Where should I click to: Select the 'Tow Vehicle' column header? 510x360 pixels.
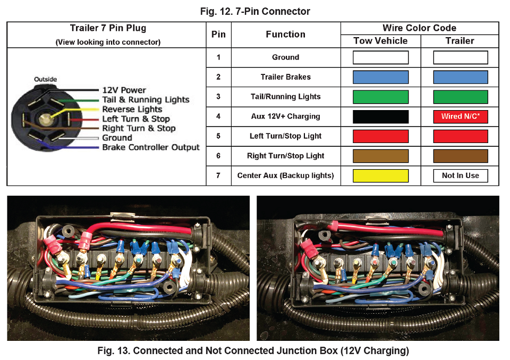(x=380, y=41)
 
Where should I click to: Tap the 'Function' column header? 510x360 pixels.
(x=285, y=35)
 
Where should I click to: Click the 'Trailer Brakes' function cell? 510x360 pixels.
(x=285, y=77)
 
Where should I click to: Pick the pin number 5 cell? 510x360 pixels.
(x=218, y=136)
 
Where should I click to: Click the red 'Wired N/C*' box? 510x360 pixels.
(x=460, y=116)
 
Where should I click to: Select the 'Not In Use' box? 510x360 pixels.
(x=460, y=175)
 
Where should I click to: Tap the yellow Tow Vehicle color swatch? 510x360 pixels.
(x=380, y=175)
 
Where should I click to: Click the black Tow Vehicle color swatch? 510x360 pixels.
(x=380, y=116)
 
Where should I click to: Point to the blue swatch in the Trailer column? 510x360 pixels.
(x=460, y=77)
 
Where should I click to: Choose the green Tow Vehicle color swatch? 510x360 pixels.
(x=380, y=97)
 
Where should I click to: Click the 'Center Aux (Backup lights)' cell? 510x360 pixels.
(x=285, y=175)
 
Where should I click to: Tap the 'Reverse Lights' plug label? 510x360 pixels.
(x=132, y=110)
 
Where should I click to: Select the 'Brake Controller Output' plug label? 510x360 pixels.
(x=151, y=147)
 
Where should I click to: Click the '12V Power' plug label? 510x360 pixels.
(x=124, y=90)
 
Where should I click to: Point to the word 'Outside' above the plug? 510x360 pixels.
(x=45, y=80)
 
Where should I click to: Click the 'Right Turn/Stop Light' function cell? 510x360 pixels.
(x=285, y=156)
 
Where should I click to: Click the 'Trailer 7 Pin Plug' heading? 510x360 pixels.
(x=108, y=29)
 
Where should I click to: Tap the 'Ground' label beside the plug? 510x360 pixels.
(x=117, y=138)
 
